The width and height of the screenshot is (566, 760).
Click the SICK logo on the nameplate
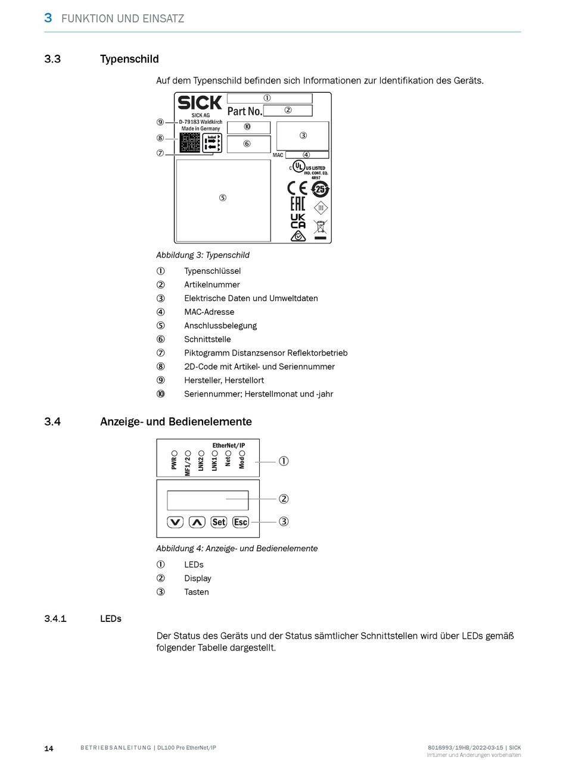pos(200,103)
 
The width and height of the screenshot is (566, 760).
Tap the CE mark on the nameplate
pos(297,189)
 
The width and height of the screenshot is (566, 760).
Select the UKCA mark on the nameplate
pos(298,221)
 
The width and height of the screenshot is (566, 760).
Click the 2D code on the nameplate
pos(189,143)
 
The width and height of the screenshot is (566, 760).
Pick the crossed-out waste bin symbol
pos(321,228)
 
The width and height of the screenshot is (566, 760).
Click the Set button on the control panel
pos(219,522)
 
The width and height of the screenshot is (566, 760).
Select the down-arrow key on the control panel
pos(175,522)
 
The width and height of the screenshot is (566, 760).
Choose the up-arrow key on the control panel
pos(197,522)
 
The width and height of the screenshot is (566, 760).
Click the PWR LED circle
pos(175,453)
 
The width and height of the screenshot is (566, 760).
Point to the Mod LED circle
pos(242,453)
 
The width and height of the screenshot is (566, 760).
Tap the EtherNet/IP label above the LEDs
pos(229,445)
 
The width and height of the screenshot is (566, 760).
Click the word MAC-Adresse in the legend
pos(209,312)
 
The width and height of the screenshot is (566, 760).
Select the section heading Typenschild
pos(129,59)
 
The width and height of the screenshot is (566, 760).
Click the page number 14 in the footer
pos(49,748)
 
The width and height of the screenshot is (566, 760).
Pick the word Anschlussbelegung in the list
pos(220,326)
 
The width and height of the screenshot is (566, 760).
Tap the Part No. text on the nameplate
pos(244,111)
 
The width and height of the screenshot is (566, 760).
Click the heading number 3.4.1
pos(55,619)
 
